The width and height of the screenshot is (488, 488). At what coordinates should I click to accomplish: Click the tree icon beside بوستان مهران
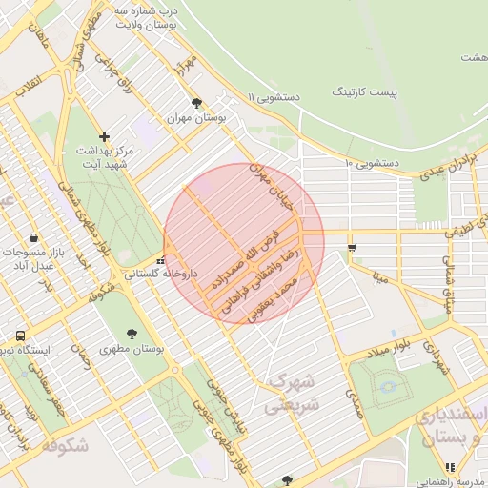click(x=197, y=103)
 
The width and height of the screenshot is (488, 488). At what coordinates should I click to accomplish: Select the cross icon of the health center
click(x=105, y=136)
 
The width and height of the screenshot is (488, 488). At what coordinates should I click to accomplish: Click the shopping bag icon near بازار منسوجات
click(x=34, y=237)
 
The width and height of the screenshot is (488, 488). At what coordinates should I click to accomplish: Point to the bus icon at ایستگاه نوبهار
click(x=20, y=336)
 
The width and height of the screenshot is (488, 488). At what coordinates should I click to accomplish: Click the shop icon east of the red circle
click(x=352, y=248)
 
